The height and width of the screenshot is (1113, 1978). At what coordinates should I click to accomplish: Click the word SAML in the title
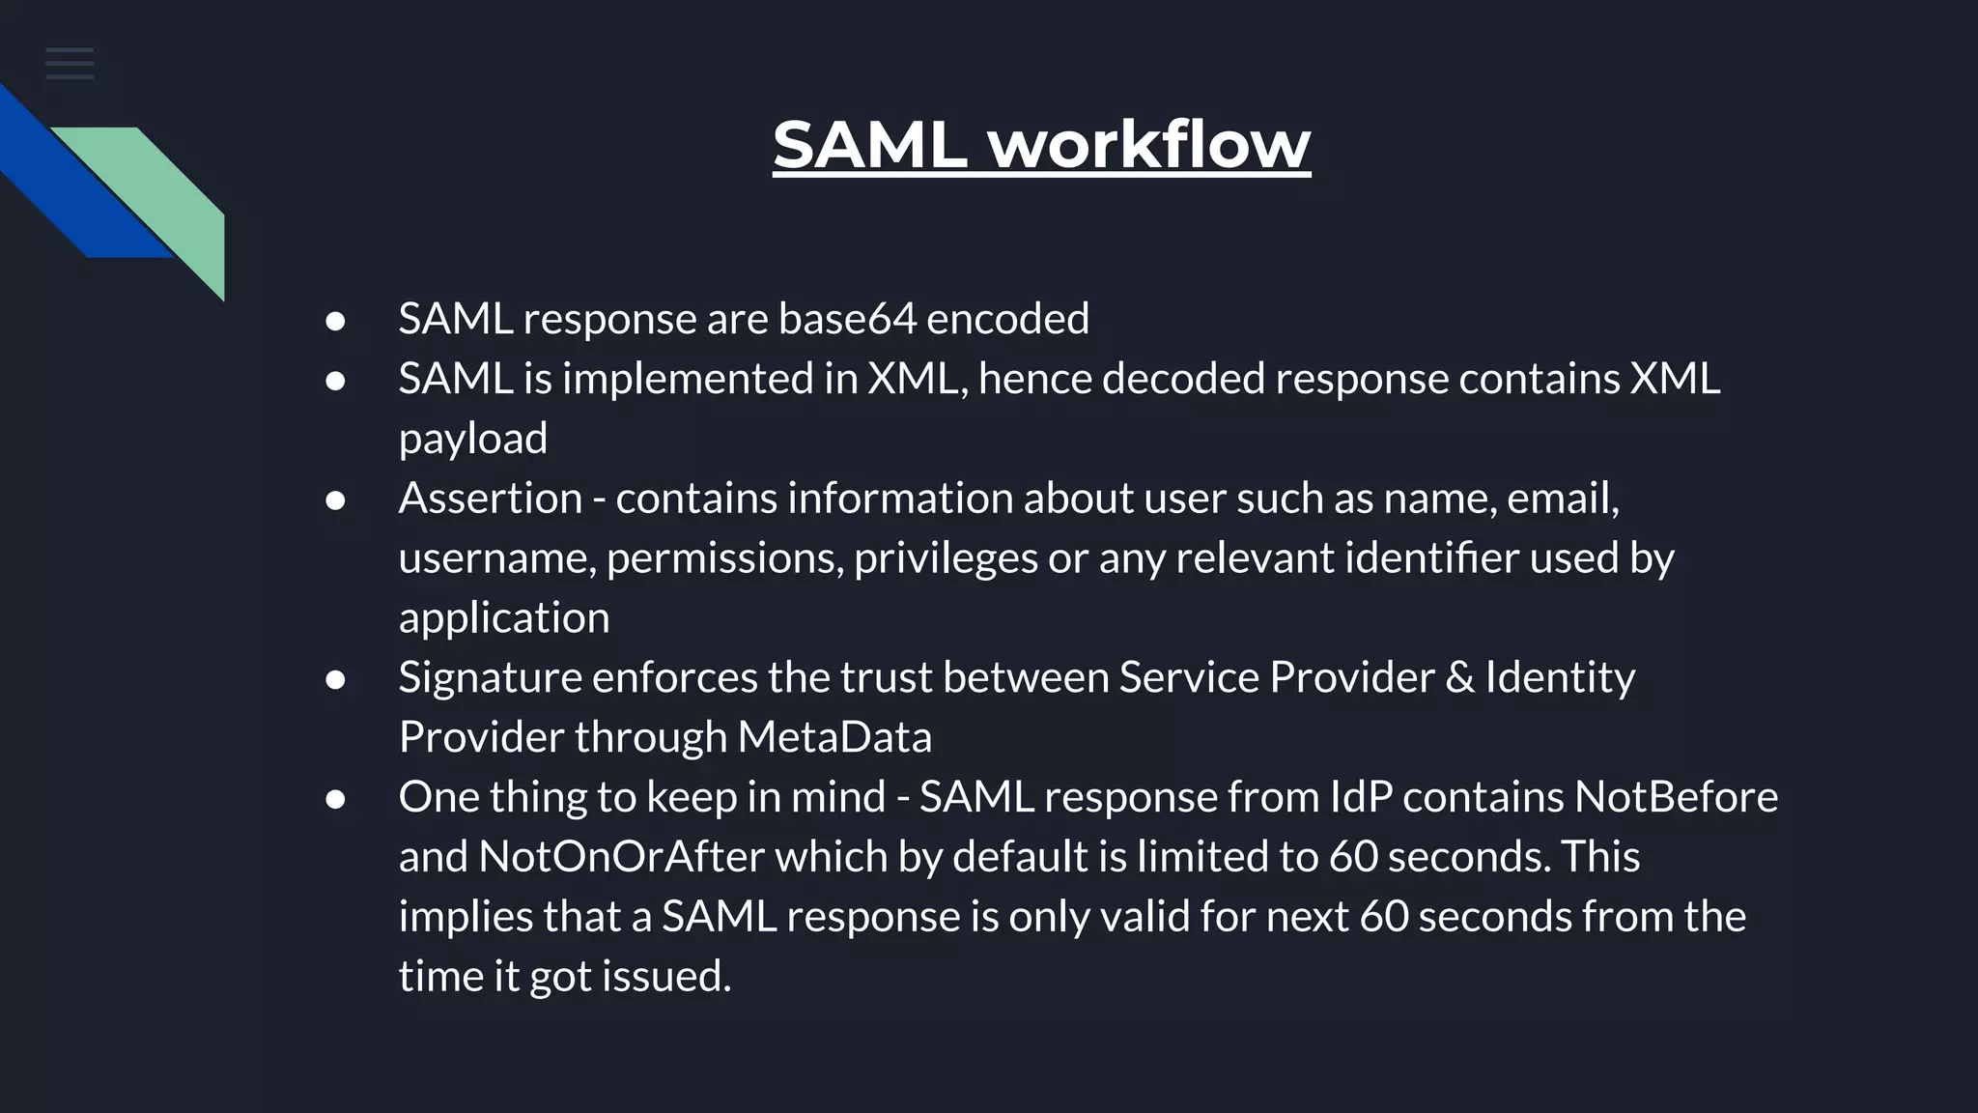[869, 145]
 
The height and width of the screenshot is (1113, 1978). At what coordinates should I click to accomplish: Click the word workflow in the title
[1149, 145]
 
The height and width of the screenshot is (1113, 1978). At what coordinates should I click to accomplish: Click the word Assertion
[491, 499]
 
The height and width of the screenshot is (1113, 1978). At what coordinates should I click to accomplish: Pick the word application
[503, 618]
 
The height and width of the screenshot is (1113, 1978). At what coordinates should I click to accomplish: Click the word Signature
[491, 677]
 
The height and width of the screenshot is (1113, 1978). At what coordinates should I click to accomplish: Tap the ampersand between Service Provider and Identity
[1459, 677]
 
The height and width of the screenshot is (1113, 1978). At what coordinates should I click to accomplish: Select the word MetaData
[834, 737]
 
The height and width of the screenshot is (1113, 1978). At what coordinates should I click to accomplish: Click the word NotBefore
[1676, 797]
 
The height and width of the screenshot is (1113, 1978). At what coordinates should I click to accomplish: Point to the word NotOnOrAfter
[621, 857]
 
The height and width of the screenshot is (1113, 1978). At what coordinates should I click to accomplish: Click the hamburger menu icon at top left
[70, 64]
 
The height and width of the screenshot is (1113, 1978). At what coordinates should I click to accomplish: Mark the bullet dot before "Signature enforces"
[335, 680]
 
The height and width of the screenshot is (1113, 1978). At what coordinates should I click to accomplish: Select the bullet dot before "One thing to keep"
[335, 800]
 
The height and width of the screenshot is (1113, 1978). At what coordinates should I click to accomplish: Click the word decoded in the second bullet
[1182, 379]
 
